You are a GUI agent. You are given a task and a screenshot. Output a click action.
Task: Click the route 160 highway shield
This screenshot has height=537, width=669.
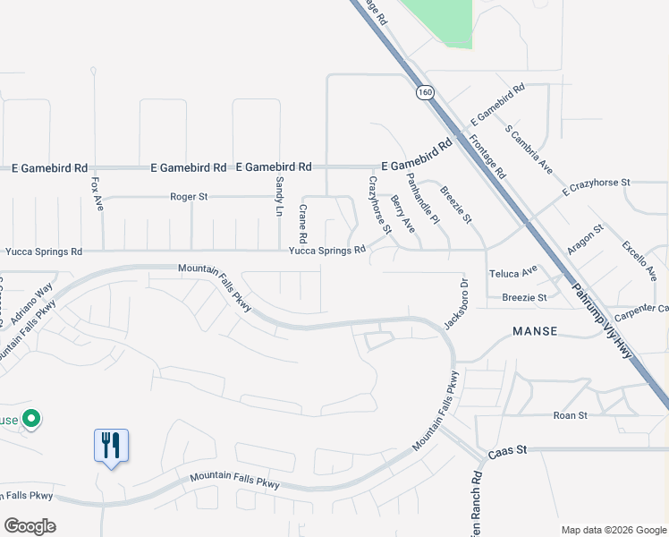424,91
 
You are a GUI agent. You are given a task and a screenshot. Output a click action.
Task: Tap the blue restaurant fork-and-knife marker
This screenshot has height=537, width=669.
112,446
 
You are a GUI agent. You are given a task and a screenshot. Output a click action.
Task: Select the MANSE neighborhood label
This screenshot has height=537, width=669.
536,331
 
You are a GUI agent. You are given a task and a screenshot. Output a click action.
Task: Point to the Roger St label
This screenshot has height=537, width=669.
190,196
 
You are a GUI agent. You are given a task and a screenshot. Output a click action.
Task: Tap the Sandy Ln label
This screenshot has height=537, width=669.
279,197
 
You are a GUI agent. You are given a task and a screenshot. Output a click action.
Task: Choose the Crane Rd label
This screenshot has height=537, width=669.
302,224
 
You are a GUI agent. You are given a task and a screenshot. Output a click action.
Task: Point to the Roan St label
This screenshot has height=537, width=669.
570,415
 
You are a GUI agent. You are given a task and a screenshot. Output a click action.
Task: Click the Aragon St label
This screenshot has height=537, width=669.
586,241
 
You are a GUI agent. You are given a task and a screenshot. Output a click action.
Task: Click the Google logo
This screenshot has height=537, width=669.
30,526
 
